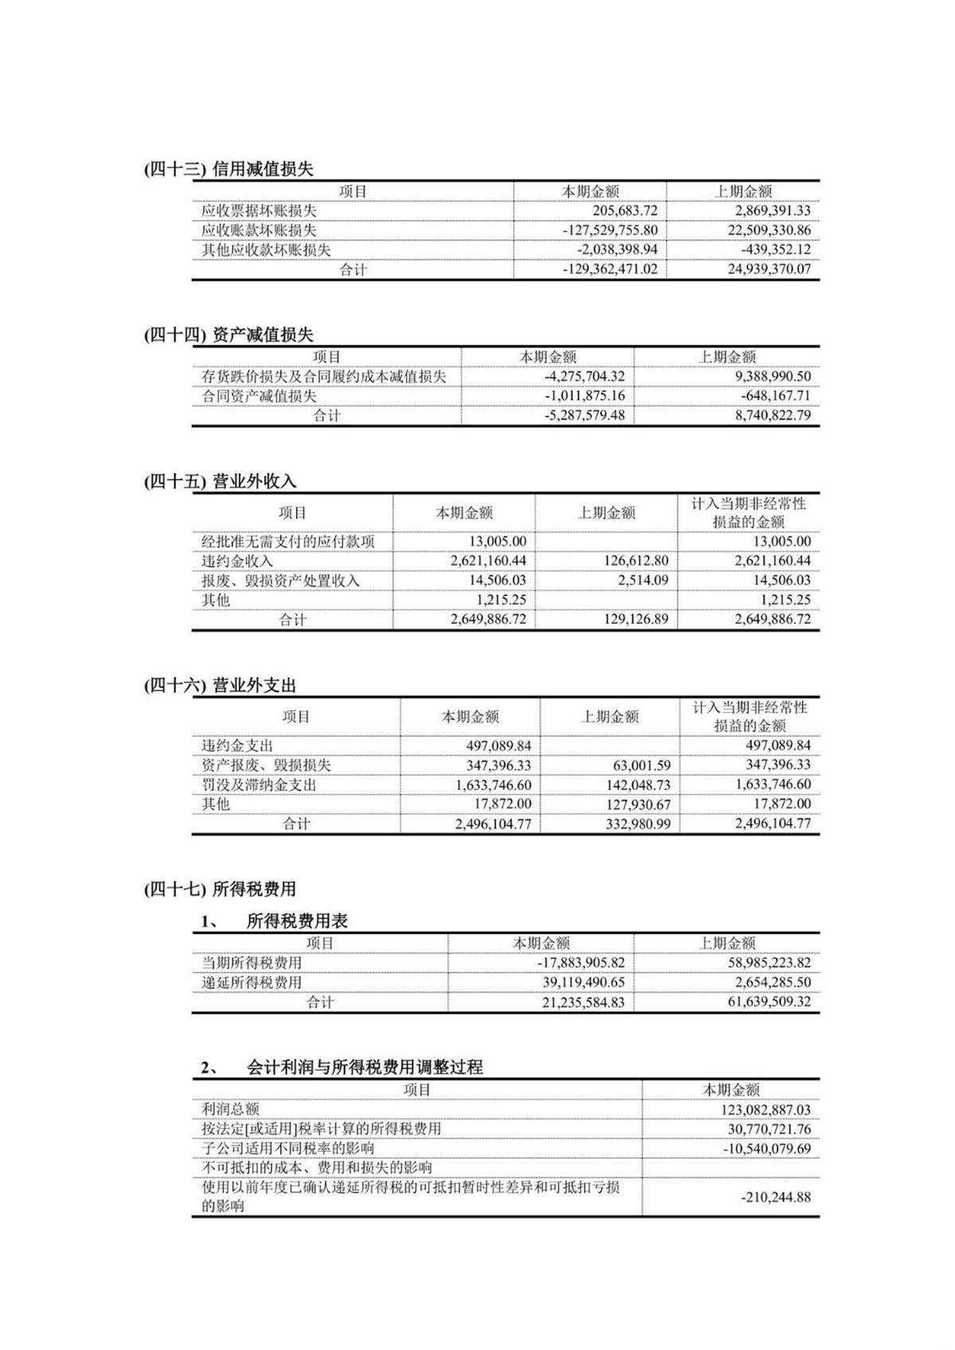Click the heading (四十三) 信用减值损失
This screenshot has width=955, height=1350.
tap(228, 169)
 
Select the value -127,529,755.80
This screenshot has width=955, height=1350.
tap(610, 230)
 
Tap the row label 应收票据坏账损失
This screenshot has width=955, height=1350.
tap(259, 211)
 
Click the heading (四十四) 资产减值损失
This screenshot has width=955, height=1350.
tap(228, 335)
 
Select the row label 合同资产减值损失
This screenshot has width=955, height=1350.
tap(259, 395)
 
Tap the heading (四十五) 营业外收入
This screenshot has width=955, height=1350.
tap(220, 481)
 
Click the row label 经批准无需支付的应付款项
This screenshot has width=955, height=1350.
tap(287, 542)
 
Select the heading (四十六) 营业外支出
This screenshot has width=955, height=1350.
tap(220, 686)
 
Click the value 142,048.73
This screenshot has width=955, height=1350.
tap(638, 784)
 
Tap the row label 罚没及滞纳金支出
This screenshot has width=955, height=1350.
tap(259, 784)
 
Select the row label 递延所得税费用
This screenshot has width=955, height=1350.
tap(251, 982)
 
